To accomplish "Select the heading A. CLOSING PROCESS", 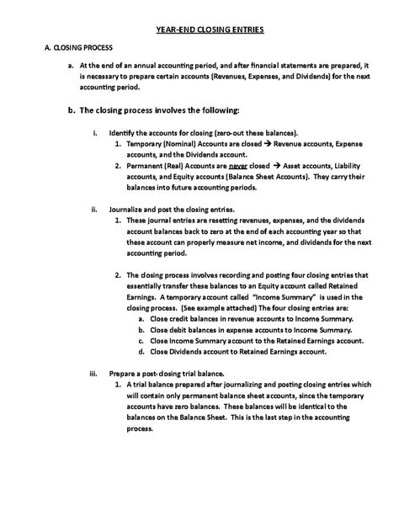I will pos(78,48).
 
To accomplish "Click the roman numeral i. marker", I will pos(95,134).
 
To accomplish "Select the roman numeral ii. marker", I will pos(94,209).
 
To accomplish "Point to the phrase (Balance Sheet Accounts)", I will pos(243,177).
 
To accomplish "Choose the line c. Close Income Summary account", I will pos(257,341).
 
